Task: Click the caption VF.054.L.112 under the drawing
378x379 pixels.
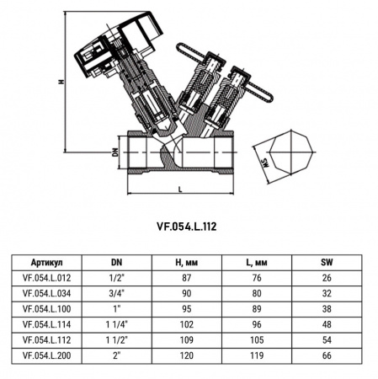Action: [188, 225]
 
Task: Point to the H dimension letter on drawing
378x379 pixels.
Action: [61, 82]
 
